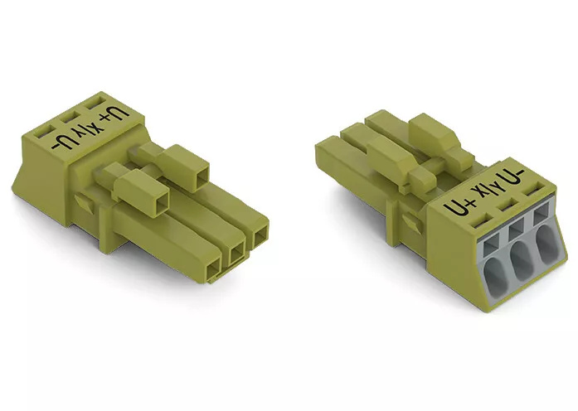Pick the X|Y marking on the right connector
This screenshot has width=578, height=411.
486,190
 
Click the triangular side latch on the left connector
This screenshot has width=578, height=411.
84,201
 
